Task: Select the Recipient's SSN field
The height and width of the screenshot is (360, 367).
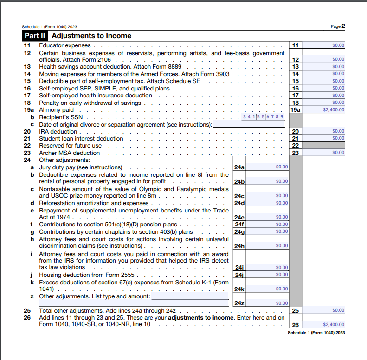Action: pos(263,117)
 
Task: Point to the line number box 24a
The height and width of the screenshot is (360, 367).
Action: pos(239,167)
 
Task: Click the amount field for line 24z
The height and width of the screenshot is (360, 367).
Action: pos(267,303)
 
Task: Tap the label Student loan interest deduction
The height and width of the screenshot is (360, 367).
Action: pos(81,138)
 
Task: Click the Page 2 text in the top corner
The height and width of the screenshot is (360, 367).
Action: pos(338,26)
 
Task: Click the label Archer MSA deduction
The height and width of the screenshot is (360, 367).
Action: pos(69,153)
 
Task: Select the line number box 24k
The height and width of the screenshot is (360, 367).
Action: pos(239,289)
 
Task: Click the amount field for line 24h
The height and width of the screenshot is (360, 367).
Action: pos(267,246)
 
